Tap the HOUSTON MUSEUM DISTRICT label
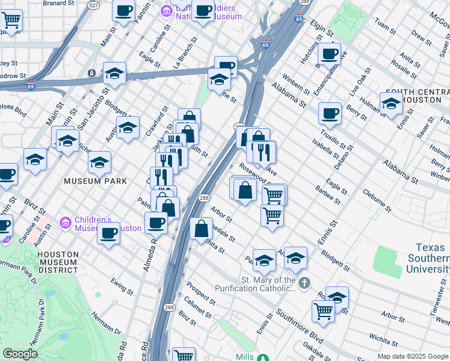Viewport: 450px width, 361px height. coord(58,262)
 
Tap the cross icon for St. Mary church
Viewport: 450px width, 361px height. coord(305,282)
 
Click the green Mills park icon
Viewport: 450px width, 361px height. coord(263,358)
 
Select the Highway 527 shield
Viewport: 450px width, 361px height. coord(93,5)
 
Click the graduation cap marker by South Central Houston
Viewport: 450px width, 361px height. coord(391,104)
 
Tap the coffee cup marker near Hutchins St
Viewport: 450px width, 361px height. coord(329,54)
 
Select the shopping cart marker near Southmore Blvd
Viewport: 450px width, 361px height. coord(323,311)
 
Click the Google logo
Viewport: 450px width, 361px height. coord(20,354)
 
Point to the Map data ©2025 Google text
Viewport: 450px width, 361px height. coord(412,356)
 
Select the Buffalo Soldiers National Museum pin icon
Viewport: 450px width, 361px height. coord(165,10)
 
